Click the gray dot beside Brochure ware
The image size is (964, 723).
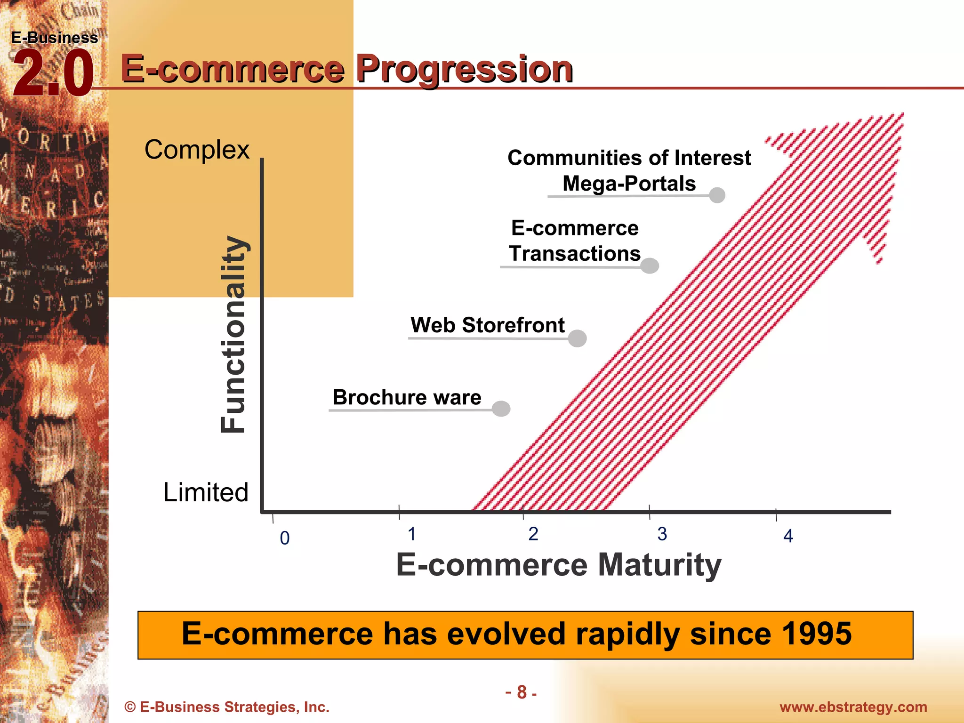click(501, 408)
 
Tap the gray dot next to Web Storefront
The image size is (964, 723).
click(577, 338)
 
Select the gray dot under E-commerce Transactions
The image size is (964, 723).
click(650, 265)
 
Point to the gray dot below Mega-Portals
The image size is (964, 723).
click(717, 195)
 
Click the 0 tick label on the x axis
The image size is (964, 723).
click(285, 538)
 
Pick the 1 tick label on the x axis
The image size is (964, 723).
click(411, 534)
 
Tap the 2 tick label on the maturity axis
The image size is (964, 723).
click(533, 534)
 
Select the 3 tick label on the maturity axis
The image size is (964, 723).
click(662, 534)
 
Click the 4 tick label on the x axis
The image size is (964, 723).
click(788, 536)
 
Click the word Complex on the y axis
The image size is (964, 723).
click(197, 150)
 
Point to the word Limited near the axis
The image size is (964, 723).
click(205, 492)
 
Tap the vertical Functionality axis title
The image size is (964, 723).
click(233, 334)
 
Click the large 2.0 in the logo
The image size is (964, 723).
click(53, 74)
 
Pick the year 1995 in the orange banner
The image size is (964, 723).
click(817, 634)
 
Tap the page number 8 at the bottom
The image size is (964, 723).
click(521, 692)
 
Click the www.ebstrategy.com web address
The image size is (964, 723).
click(853, 707)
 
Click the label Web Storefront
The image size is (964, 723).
click(487, 325)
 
